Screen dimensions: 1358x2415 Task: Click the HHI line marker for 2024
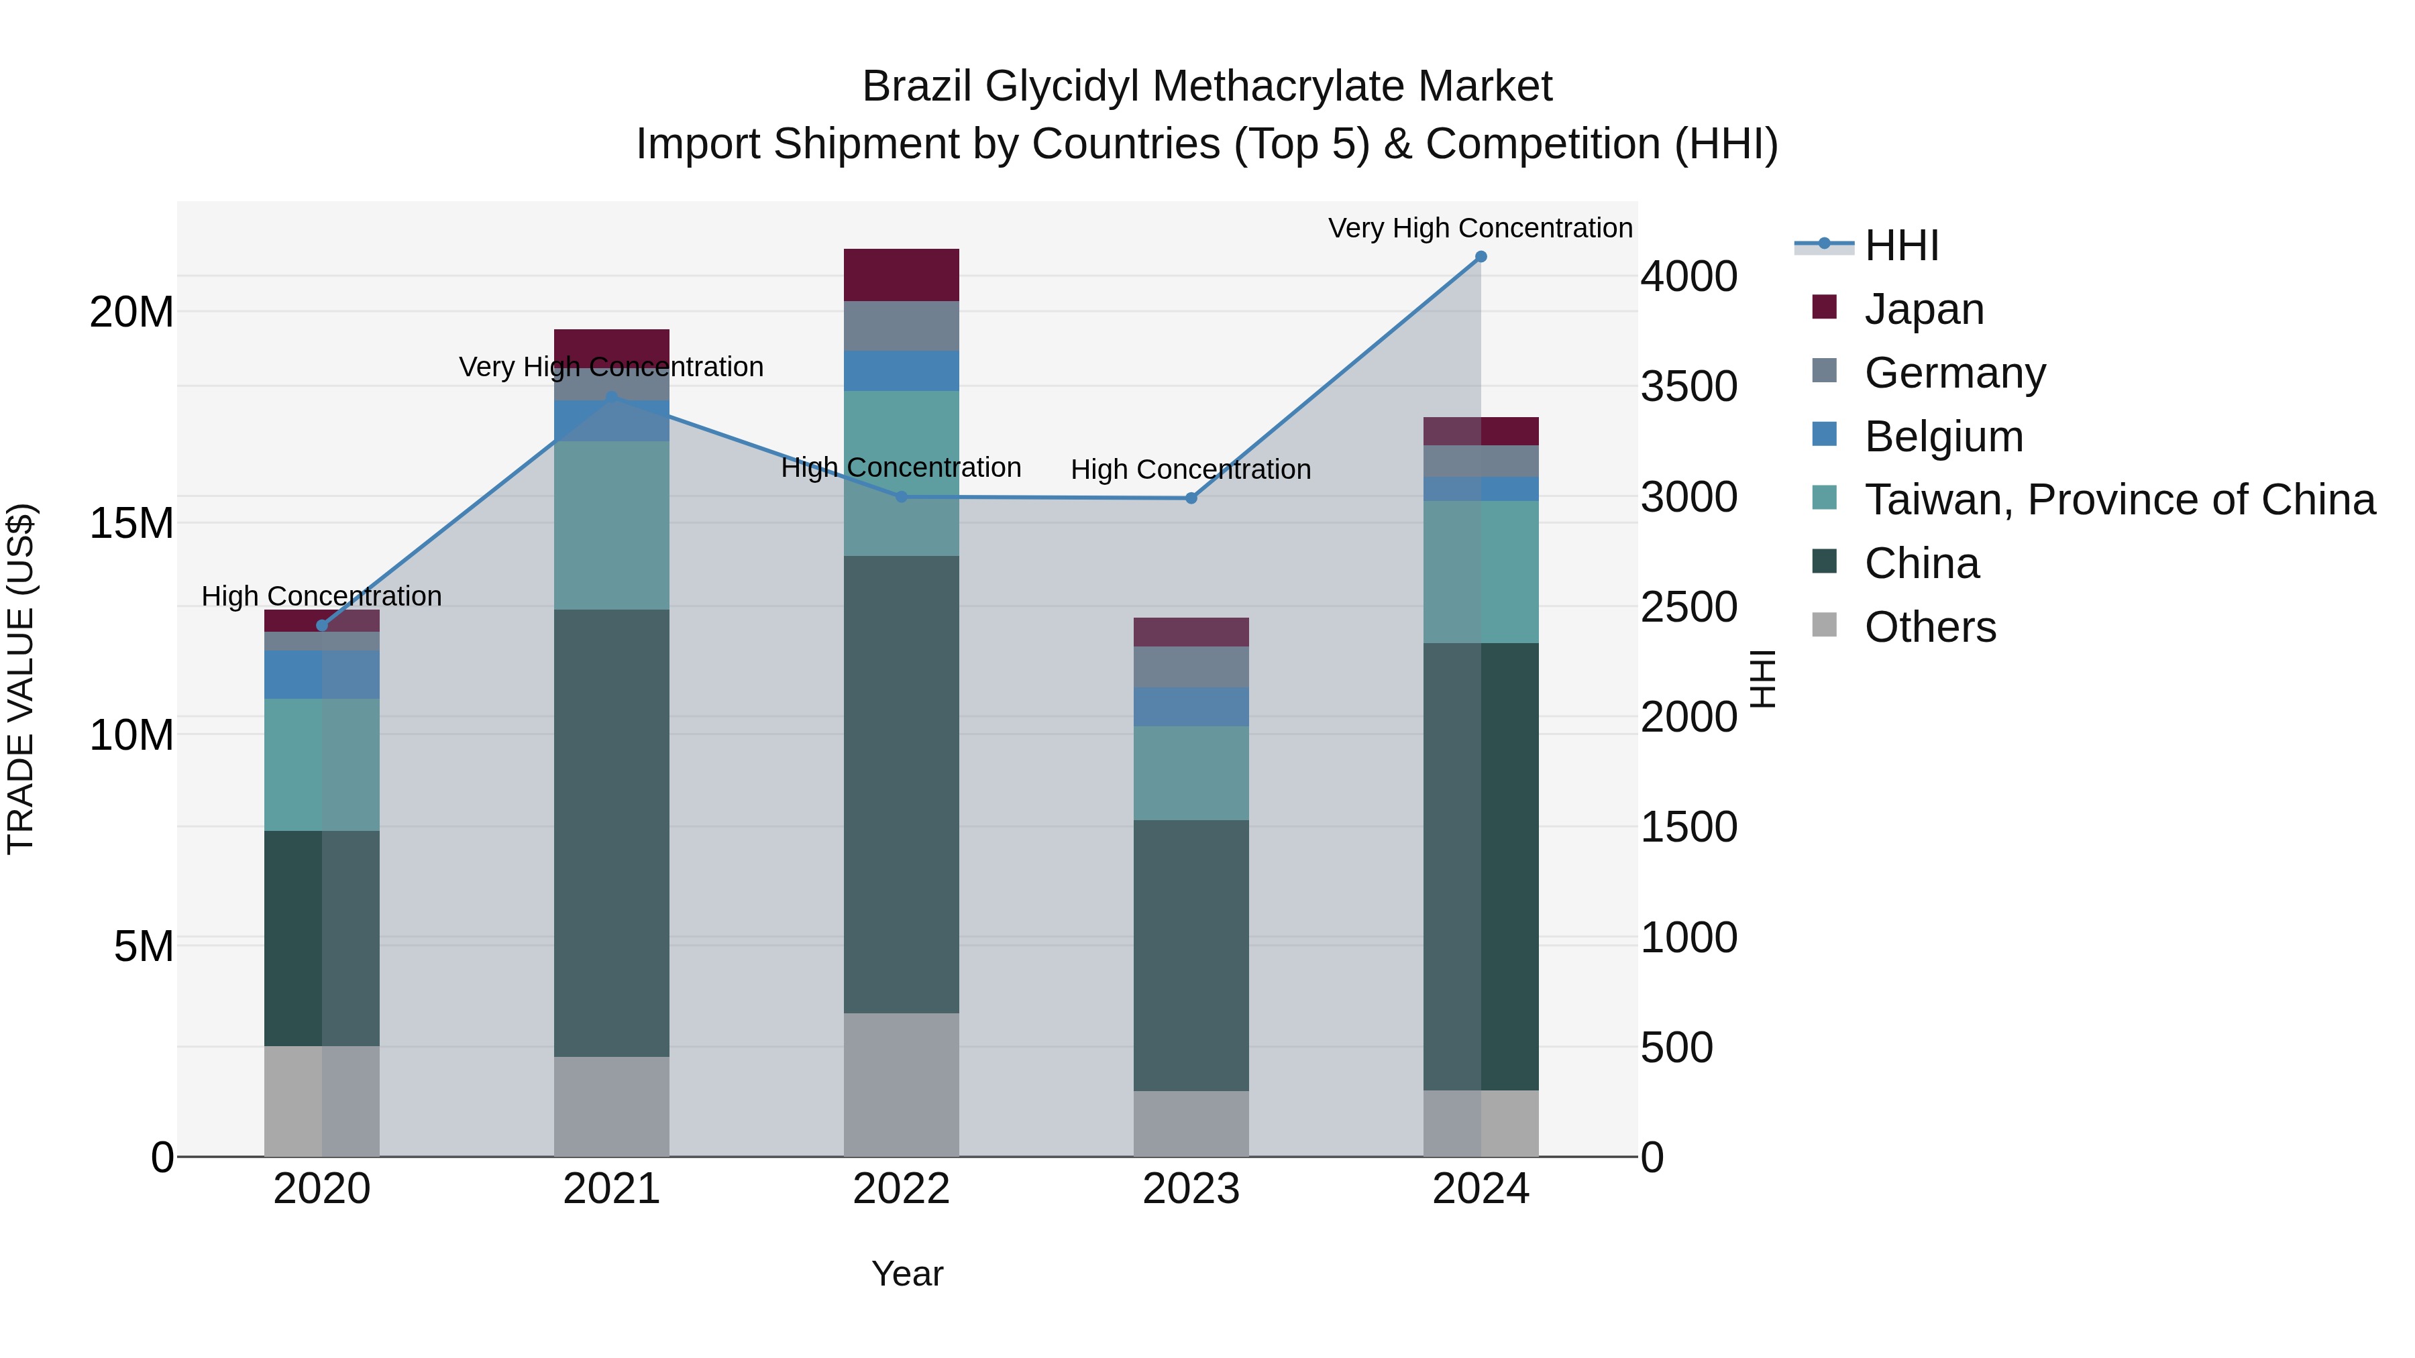(1481, 257)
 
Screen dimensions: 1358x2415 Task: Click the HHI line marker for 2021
(611, 398)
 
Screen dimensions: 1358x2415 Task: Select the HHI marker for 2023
(1191, 498)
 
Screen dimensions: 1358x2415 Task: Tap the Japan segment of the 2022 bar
(901, 274)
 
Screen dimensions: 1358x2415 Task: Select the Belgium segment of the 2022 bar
(901, 371)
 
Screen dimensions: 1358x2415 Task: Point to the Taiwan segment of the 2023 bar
(1191, 773)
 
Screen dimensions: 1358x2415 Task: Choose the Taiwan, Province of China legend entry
(2118, 500)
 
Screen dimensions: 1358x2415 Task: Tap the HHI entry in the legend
(1901, 245)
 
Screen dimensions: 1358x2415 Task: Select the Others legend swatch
(1825, 624)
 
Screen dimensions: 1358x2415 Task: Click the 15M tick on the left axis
(131, 523)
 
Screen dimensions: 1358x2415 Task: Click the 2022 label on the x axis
(901, 1189)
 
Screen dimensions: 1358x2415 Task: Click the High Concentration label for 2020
(321, 596)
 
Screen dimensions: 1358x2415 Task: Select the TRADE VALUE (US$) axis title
(21, 679)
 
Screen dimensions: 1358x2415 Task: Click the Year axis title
(906, 1274)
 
